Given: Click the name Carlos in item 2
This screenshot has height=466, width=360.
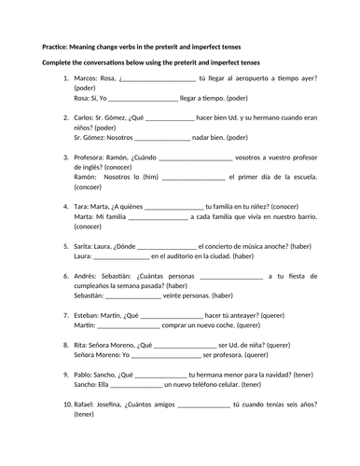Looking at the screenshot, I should click(82, 117).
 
